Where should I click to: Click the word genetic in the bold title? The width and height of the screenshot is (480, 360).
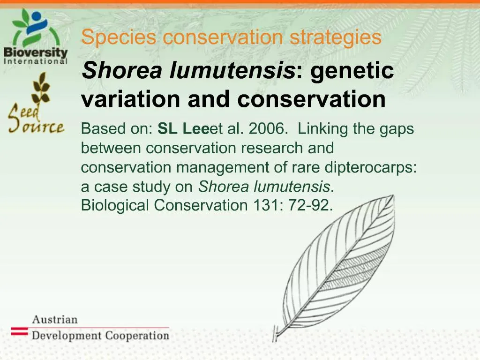pyautogui.click(x=352, y=71)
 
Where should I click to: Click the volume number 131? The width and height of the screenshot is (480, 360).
pyautogui.click(x=263, y=205)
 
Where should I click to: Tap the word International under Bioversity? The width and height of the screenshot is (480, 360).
pyautogui.click(x=36, y=60)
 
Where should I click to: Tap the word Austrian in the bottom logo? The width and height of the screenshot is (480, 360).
pyautogui.click(x=55, y=320)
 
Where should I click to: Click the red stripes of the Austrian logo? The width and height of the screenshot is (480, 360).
pyautogui.click(x=20, y=331)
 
